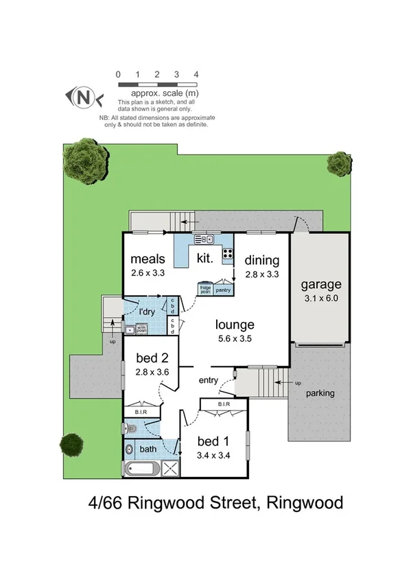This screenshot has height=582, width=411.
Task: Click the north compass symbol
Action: [x=83, y=97]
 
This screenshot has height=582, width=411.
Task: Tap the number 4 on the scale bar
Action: [x=196, y=74]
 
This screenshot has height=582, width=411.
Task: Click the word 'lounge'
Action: [x=235, y=325]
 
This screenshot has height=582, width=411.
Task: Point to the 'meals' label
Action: [x=148, y=259]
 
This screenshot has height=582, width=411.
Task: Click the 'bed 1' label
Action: [x=212, y=440]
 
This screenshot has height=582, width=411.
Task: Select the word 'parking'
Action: [x=320, y=393]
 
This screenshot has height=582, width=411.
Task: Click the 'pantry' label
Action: [x=223, y=290]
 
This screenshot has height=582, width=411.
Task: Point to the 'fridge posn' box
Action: [x=204, y=290]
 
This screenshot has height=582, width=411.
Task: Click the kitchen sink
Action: [x=204, y=240]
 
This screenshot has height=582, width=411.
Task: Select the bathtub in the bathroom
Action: [x=142, y=469]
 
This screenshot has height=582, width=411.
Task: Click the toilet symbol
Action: [x=132, y=429]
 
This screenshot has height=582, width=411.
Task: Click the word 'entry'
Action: [x=209, y=380]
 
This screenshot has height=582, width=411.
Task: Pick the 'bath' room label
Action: [x=148, y=450]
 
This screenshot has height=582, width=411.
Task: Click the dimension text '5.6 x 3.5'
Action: [x=235, y=338]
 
